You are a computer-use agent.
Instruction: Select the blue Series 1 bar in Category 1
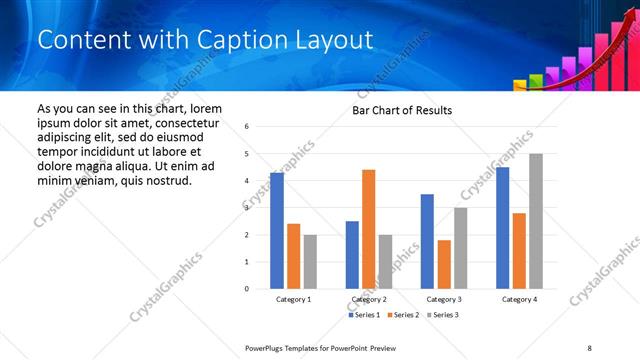[x=277, y=231]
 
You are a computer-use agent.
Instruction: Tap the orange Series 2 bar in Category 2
[x=368, y=229]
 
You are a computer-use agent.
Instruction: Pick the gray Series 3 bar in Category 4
[x=536, y=221]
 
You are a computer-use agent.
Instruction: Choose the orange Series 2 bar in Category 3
[x=444, y=264]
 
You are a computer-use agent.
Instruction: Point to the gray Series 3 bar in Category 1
[x=310, y=262]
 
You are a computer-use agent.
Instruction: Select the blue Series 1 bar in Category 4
[x=502, y=228]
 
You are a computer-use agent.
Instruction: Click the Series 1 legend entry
[x=364, y=315]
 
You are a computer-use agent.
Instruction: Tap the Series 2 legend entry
[x=404, y=315]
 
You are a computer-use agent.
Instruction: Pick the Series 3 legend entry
[x=444, y=315]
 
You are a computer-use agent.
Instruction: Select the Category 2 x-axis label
[x=368, y=299]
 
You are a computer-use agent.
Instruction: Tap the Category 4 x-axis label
[x=519, y=299]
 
